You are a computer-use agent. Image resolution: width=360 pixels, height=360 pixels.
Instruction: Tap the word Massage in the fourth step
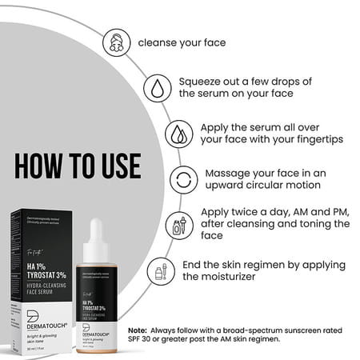click(x=231, y=173)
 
